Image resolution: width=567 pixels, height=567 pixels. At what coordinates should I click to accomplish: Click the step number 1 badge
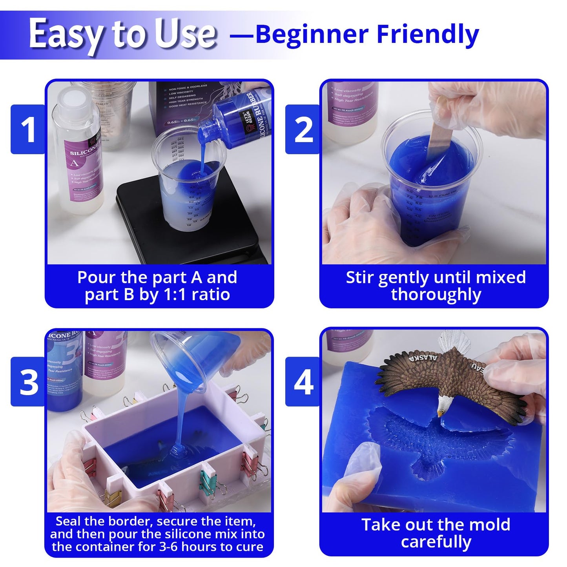click(28, 129)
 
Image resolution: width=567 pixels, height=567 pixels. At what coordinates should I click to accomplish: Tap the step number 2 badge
click(303, 129)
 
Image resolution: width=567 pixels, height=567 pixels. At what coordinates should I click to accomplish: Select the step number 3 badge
click(29, 382)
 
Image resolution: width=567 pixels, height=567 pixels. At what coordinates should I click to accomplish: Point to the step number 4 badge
click(303, 382)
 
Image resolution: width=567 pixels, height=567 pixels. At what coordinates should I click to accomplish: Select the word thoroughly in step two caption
click(436, 295)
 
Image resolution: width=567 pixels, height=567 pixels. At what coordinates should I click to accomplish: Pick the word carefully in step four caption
click(436, 542)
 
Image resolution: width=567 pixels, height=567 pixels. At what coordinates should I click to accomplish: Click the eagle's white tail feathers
click(455, 340)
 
